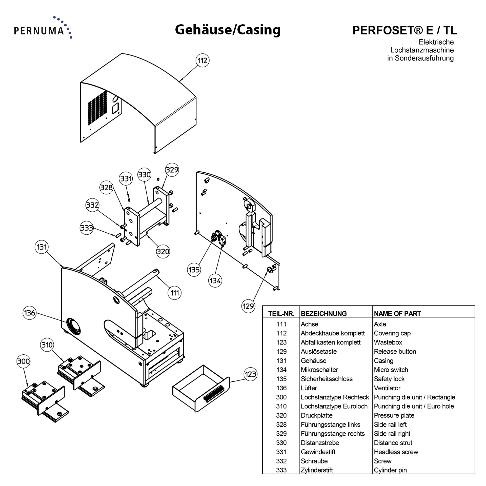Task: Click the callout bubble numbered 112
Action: pos(202,60)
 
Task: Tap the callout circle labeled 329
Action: pos(172,170)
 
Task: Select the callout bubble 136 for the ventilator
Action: pos(29,313)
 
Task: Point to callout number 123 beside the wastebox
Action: pos(250,374)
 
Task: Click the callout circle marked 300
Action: pos(23,361)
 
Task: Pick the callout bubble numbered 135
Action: pos(194,270)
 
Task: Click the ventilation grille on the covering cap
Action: pos(97,108)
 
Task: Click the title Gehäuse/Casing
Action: pos(228,30)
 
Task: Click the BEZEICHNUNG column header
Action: pos(323,314)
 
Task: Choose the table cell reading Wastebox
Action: pos(388,342)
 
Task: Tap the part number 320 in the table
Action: pos(281,415)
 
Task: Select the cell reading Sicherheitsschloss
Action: pos(327,379)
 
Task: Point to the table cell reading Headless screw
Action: pos(396,452)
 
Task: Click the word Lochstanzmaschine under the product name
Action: pos(422,50)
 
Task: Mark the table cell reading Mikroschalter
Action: pos(319,370)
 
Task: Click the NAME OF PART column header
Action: pos(397,314)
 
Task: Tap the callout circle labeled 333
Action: pos(87,228)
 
